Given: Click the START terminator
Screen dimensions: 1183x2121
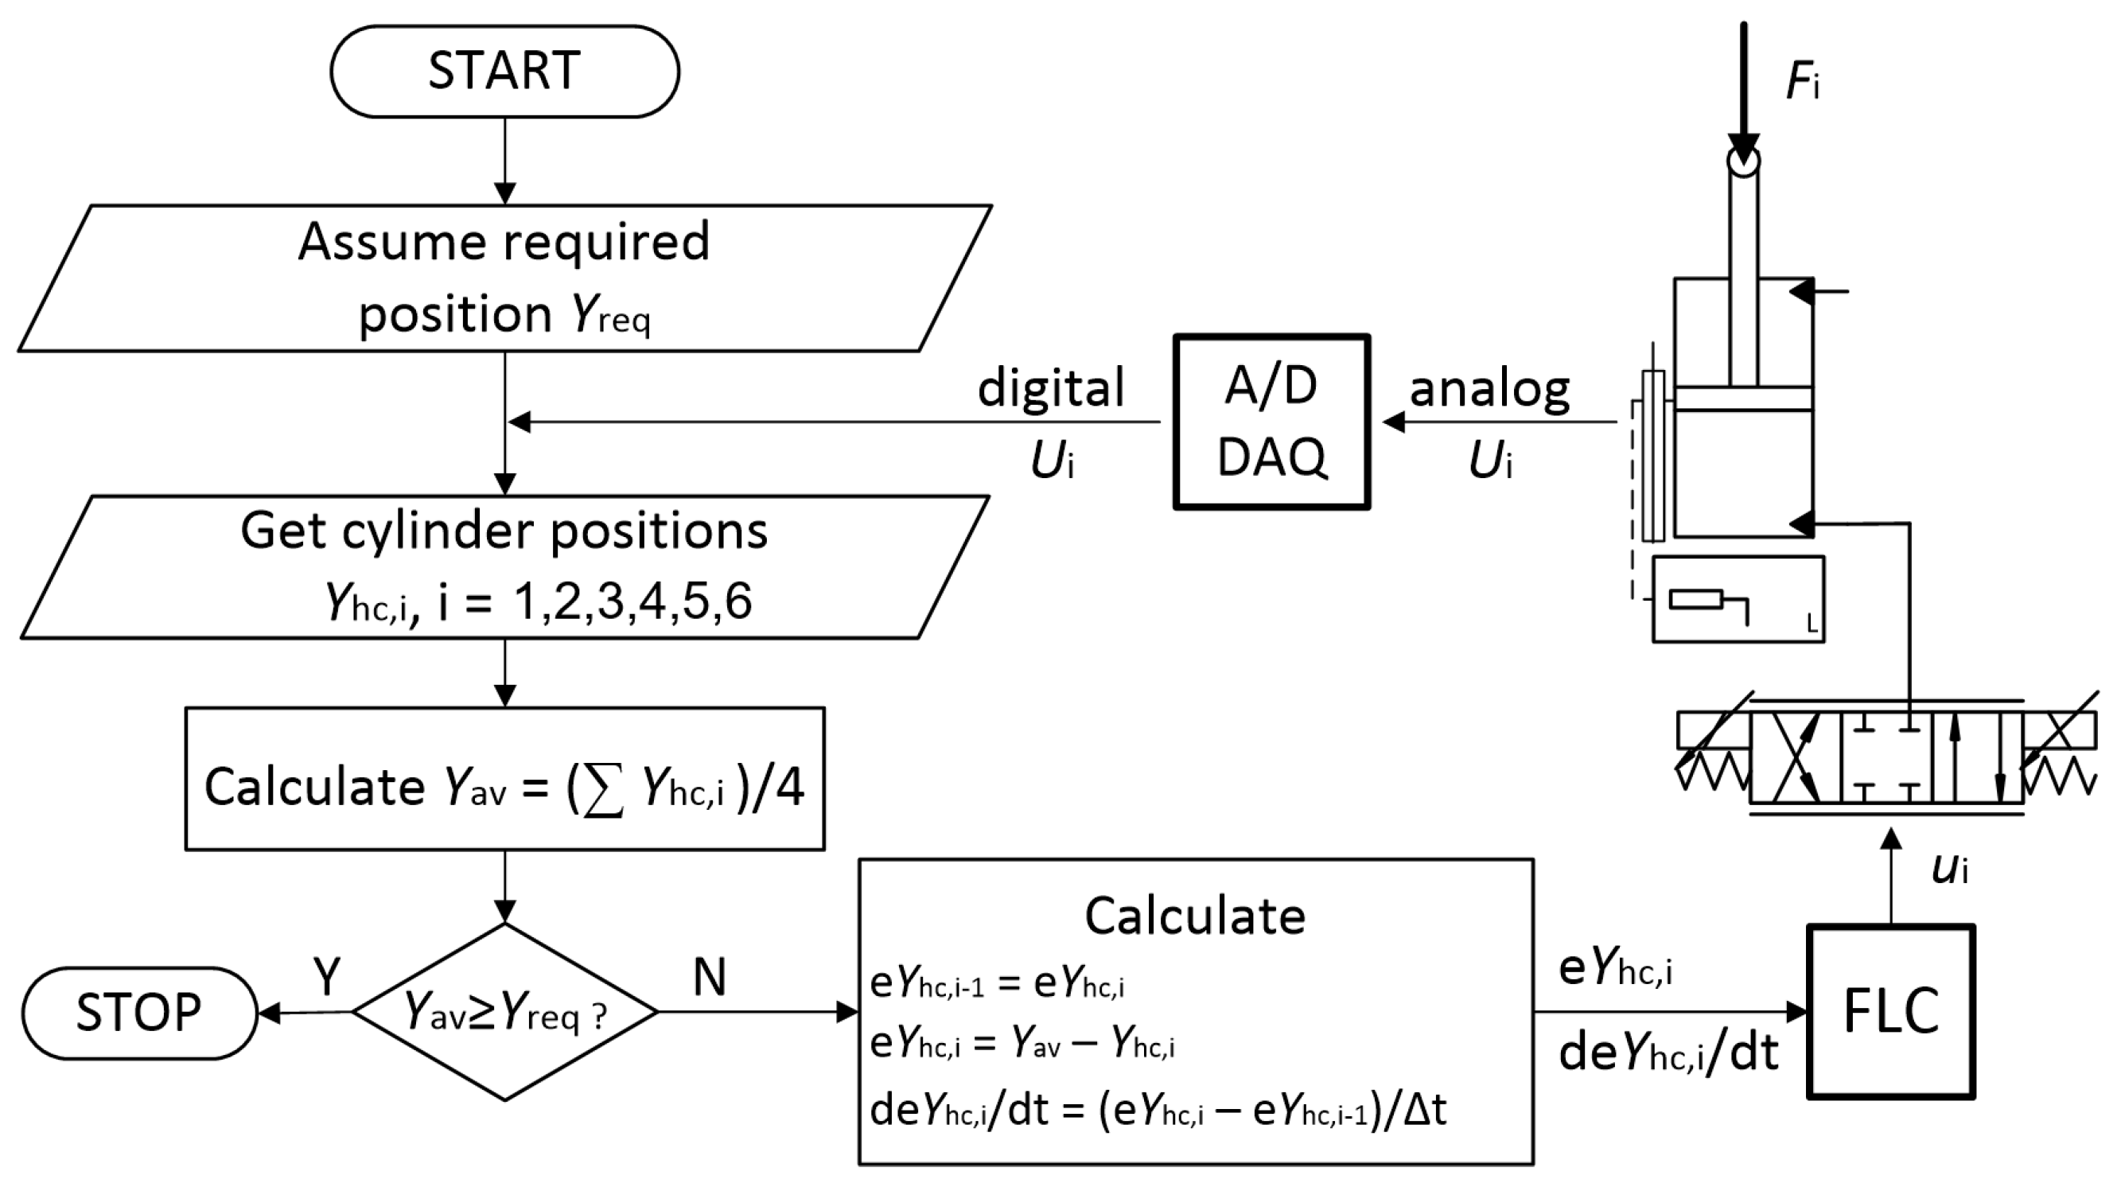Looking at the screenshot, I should click(504, 71).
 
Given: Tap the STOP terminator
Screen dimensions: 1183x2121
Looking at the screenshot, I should click(139, 1013).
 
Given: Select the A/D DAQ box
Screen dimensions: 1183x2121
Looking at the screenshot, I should click(1271, 422).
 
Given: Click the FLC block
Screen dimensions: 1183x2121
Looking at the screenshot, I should click(1890, 1012).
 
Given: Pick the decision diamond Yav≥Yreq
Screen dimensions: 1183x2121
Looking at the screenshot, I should click(504, 1012).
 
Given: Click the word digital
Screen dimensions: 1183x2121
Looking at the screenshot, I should click(1051, 387).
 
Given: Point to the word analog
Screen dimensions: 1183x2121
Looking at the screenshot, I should click(1489, 389).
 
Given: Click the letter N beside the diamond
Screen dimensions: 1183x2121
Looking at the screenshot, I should click(709, 977).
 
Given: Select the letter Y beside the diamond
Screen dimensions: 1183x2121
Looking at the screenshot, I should click(327, 977).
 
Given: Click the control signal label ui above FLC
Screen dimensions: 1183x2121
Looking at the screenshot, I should click(1950, 869).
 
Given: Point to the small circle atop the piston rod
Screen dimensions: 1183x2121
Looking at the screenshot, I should click(1743, 161).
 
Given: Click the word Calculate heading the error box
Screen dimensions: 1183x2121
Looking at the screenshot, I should click(1195, 916).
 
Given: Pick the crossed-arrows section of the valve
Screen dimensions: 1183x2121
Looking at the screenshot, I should click(1796, 758).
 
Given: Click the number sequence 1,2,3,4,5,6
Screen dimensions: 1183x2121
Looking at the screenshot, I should click(632, 601).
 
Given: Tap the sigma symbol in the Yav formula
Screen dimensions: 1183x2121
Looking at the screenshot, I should click(602, 788).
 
